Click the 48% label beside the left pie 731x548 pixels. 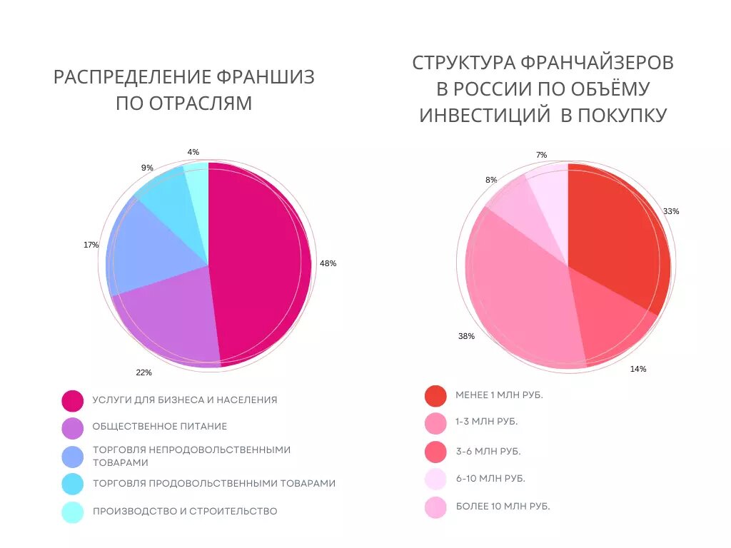[328, 263]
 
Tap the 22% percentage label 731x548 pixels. [143, 372]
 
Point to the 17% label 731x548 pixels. [91, 245]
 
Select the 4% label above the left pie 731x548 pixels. [193, 152]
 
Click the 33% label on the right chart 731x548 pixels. [671, 211]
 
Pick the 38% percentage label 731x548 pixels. [466, 336]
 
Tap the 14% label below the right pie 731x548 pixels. [638, 369]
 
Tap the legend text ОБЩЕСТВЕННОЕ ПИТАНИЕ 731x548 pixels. [159, 426]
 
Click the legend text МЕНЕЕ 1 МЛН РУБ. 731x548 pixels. [499, 395]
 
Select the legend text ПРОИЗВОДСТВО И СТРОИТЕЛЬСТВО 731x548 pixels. [185, 511]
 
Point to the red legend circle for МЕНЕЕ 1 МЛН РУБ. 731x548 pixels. [435, 395]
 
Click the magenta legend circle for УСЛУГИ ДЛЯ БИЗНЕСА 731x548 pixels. [73, 401]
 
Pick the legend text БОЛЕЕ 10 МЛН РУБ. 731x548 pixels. [503, 506]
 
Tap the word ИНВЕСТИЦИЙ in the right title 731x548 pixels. [484, 115]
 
